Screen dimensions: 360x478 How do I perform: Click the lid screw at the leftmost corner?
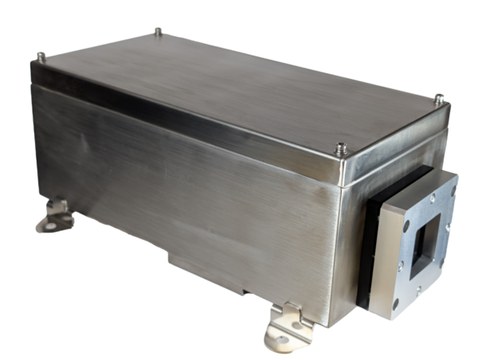(x=41, y=57)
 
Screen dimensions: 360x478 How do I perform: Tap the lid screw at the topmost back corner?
(x=159, y=32)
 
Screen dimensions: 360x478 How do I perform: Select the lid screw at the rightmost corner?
(x=438, y=99)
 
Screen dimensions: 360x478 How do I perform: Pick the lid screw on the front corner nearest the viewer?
(x=341, y=148)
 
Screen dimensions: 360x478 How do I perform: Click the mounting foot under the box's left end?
(x=56, y=215)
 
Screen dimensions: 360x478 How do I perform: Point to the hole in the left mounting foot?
(x=51, y=225)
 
